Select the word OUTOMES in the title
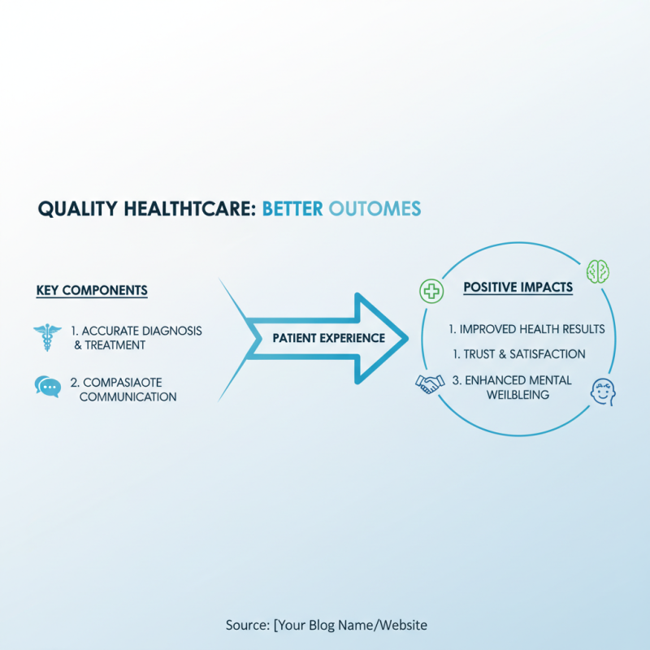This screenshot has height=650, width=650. pos(375,209)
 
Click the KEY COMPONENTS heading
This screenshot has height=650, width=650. pos(92,290)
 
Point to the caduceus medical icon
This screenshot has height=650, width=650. pos(47,337)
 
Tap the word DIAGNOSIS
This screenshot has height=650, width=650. pos(173,331)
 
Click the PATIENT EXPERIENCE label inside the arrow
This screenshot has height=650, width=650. pos(328,338)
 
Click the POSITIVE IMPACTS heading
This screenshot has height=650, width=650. pos(518,288)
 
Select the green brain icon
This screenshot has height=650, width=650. pos(598,271)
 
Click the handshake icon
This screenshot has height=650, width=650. pos(429,383)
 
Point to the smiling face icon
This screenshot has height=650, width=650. pos(601,392)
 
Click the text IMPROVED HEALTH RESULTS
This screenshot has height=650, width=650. pos(526,329)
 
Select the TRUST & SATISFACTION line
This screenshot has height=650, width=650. pos(518,354)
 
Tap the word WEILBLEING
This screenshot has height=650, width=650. pos(518,394)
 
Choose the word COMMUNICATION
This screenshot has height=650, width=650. pos(128,397)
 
